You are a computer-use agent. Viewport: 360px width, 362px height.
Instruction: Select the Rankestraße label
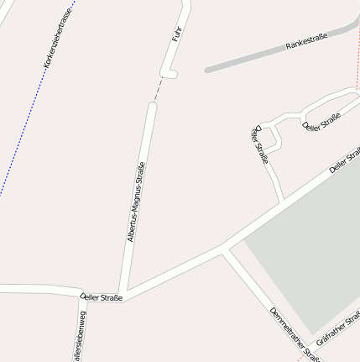(x=305, y=40)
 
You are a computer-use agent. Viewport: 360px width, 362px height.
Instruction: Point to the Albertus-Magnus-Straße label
(x=136, y=202)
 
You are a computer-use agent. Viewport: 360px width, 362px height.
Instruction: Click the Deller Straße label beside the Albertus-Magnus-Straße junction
(x=102, y=296)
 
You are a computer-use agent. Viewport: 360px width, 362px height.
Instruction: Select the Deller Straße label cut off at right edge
(x=344, y=160)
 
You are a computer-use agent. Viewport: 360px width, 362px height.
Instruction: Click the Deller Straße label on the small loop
(x=321, y=121)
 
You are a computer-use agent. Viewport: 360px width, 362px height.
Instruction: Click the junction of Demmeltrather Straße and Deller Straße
(x=223, y=249)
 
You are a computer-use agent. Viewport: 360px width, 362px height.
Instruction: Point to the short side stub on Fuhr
(x=170, y=75)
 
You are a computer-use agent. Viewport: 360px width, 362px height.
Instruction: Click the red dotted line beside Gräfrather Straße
(x=303, y=356)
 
